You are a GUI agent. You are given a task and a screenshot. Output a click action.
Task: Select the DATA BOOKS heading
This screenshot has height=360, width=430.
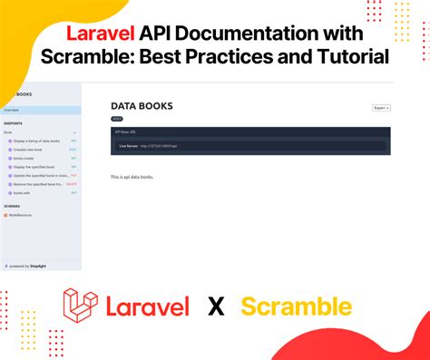coord(142,106)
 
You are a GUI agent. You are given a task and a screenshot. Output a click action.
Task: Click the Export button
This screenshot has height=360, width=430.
coord(381,108)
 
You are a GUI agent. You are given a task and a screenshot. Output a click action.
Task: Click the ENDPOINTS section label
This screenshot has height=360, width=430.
coord(13,124)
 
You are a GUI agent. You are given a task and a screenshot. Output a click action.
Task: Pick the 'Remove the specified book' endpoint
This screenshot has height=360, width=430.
coord(36,184)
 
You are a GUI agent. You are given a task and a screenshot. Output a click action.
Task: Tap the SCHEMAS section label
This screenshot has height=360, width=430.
coord(12,206)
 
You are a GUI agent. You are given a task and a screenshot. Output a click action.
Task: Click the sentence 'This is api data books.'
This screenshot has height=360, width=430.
coord(132,176)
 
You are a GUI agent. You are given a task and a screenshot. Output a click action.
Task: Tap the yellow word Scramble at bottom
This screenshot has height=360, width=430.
coord(296,306)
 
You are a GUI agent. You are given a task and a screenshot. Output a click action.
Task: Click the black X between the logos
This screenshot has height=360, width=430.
coord(215,306)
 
